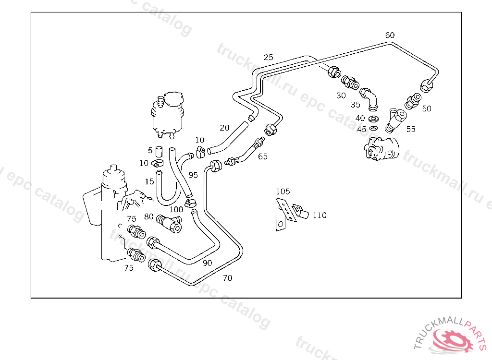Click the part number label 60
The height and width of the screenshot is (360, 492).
pyautogui.click(x=390, y=35)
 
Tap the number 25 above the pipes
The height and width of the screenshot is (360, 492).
pyautogui.click(x=268, y=57)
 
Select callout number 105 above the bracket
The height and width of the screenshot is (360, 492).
pyautogui.click(x=283, y=192)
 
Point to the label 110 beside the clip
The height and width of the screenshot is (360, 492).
pyautogui.click(x=320, y=215)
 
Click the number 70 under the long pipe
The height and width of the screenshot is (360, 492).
pyautogui.click(x=227, y=278)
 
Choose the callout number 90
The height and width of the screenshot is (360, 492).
pyautogui.click(x=207, y=263)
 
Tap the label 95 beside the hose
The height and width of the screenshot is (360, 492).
pyautogui.click(x=193, y=175)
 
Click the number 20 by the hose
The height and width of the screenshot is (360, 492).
pyautogui.click(x=224, y=128)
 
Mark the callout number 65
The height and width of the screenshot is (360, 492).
pyautogui.click(x=262, y=156)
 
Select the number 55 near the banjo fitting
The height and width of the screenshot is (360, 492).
pyautogui.click(x=410, y=129)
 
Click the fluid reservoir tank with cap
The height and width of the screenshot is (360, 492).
pyautogui.click(x=167, y=114)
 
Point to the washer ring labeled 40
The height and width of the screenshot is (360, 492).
pyautogui.click(x=373, y=118)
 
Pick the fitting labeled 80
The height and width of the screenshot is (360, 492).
pyautogui.click(x=170, y=223)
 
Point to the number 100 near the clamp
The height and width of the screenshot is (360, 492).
pyautogui.click(x=176, y=209)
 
